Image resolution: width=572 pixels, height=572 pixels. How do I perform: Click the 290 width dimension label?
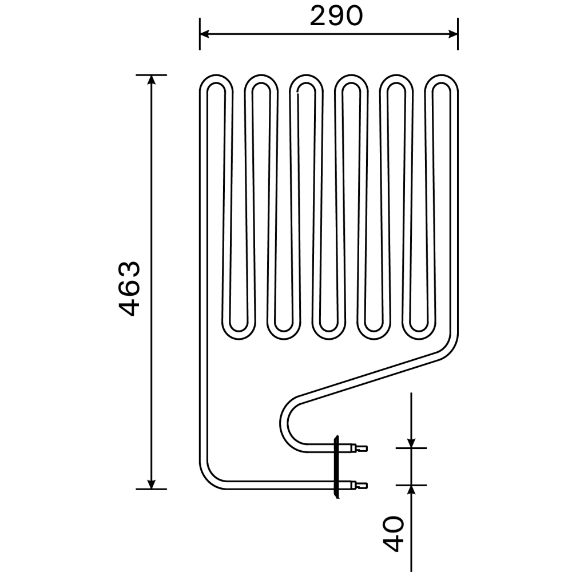pyautogui.click(x=336, y=17)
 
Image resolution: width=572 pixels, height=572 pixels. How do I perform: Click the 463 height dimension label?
pyautogui.click(x=130, y=288)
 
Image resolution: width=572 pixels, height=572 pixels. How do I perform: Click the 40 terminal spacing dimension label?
pyautogui.click(x=394, y=533)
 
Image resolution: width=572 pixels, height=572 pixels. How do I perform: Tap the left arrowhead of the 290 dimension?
pyautogui.click(x=205, y=34)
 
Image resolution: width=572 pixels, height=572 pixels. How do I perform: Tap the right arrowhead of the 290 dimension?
pyautogui.click(x=452, y=34)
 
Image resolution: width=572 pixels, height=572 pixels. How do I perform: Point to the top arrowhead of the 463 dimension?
pyautogui.click(x=152, y=80)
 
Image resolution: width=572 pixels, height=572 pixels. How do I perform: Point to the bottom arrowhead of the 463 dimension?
pyautogui.click(x=152, y=484)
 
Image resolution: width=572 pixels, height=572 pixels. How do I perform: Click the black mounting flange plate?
pyautogui.click(x=337, y=467)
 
